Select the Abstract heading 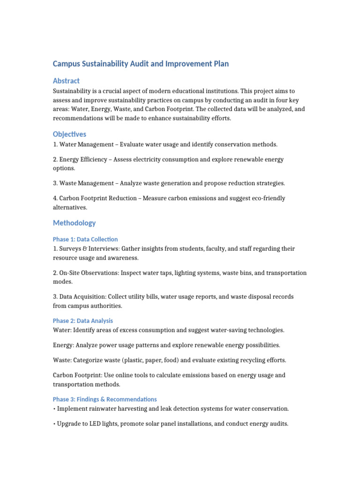tap(66, 81)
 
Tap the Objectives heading tap(69, 134)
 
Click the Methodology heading tap(74, 223)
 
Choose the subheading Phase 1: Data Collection tap(85, 239)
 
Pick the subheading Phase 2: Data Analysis tap(83, 321)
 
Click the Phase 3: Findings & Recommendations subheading tap(105, 399)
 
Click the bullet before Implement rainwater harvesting tap(54, 409)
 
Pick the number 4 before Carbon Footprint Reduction tap(55, 198)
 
